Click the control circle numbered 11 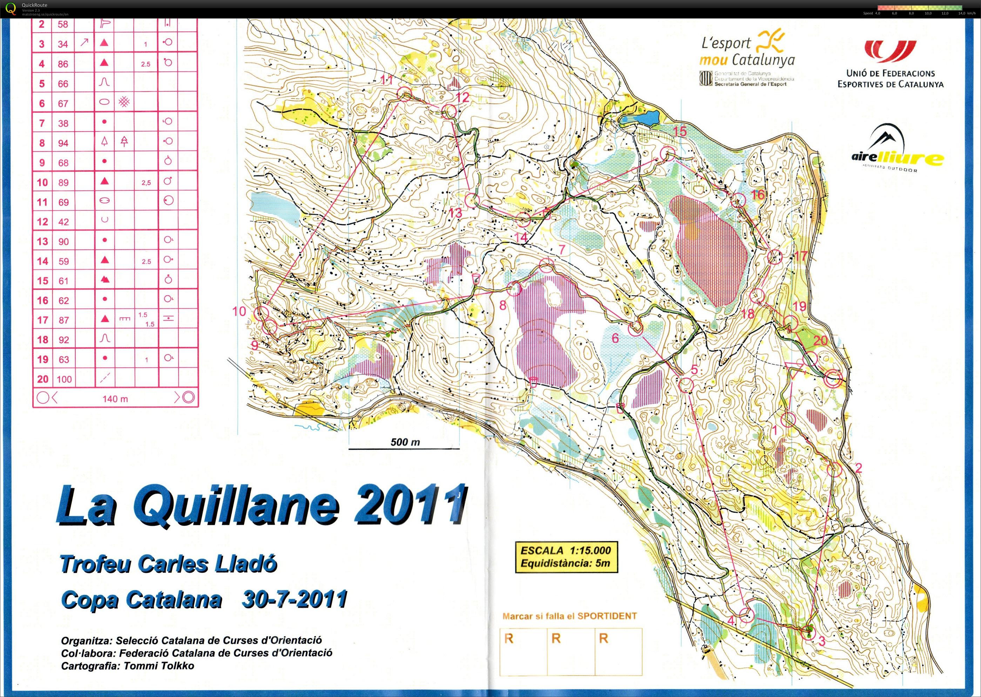click(x=404, y=93)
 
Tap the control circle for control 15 click(x=667, y=153)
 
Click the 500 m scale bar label click(x=405, y=442)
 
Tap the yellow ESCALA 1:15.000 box click(x=566, y=557)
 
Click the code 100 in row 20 click(x=64, y=379)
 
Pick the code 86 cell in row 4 click(x=63, y=64)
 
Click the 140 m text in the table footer click(x=115, y=399)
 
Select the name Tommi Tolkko click(x=159, y=666)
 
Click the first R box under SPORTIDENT click(x=523, y=651)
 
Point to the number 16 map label click(x=758, y=195)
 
